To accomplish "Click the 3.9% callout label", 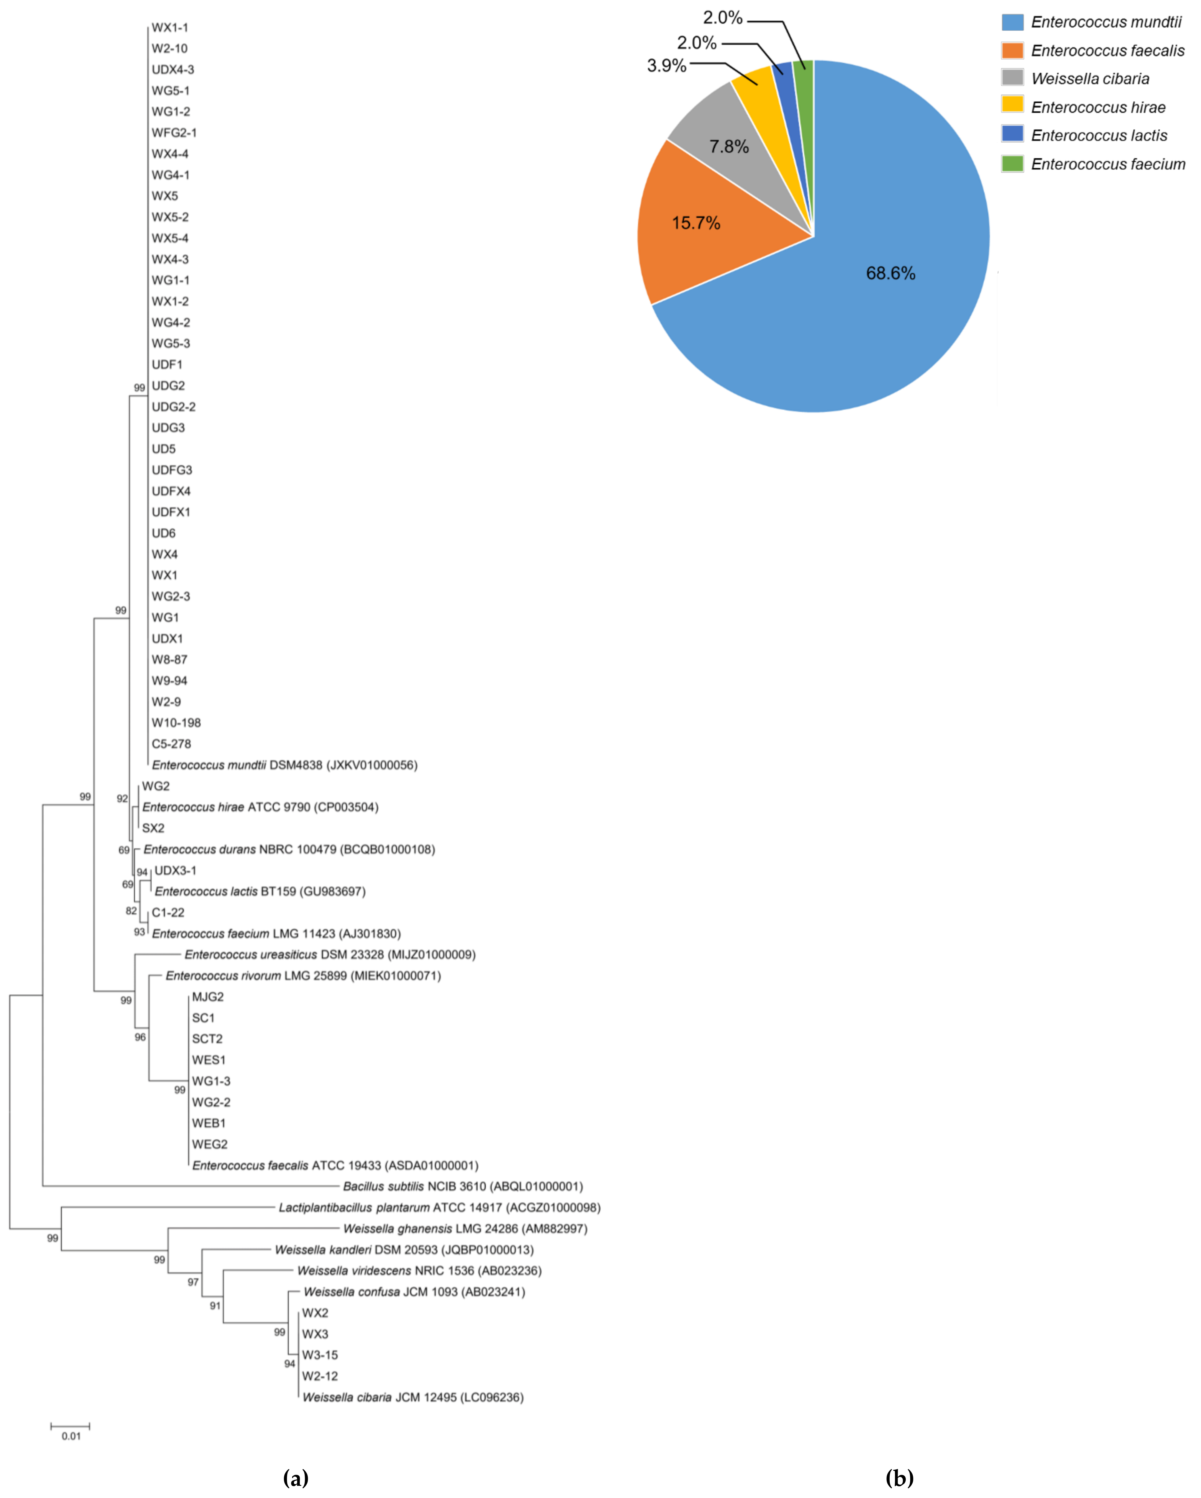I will (x=666, y=66).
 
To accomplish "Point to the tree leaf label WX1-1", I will (x=170, y=28).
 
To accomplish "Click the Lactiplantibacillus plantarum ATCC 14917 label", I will (x=439, y=1208).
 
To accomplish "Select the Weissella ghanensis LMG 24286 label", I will (x=465, y=1228).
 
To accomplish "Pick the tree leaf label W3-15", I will (x=320, y=1355).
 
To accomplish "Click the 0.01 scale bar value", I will (x=71, y=1436).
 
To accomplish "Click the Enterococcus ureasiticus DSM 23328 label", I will (x=330, y=955).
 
